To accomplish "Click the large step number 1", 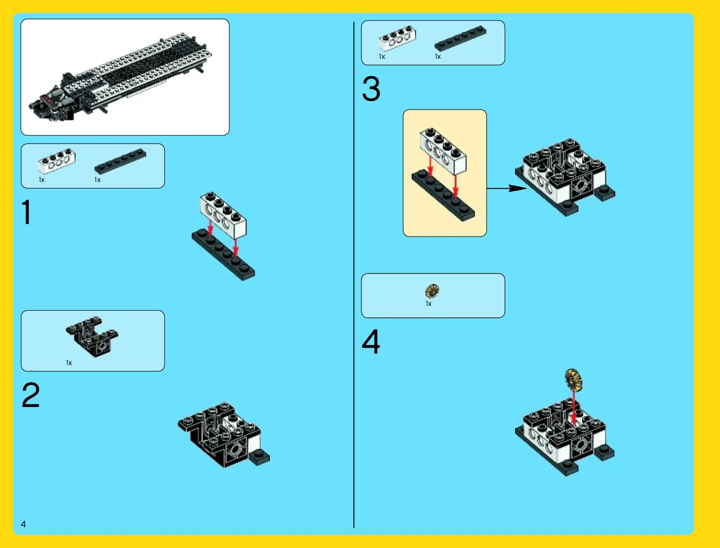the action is coord(27,212).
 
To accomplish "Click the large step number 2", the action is coord(31,395).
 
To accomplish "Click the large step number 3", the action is coord(371,89).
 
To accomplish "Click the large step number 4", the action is coord(371,342).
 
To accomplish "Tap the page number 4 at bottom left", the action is coord(23,524).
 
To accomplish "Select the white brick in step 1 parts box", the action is coord(57,161).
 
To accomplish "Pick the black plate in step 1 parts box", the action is coord(121,161).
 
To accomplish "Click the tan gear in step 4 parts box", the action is coord(432,291).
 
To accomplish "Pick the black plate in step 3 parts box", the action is coord(461,38).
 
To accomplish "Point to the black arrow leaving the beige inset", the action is coord(507,188).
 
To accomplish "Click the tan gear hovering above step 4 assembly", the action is coord(573,380).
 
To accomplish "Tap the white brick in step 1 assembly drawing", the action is coord(223,215).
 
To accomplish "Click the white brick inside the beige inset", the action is coord(443,151).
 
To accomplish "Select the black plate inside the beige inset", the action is coord(443,196).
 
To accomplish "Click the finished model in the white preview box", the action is coord(121,77).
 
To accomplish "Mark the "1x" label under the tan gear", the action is coord(428,304).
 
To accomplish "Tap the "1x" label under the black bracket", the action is coord(69,363).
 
